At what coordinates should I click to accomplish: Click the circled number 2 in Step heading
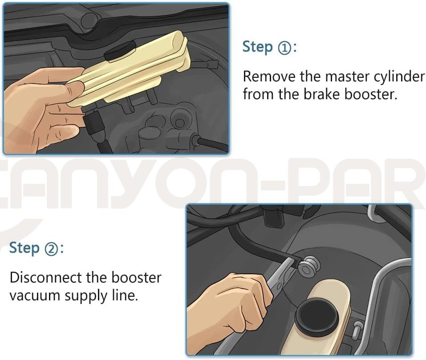51,249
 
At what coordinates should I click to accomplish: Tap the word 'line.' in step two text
125,295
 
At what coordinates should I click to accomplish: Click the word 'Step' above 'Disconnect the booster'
24,248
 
